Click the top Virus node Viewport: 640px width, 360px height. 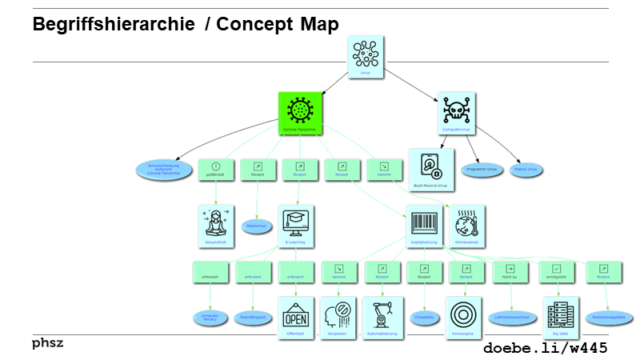point(366,57)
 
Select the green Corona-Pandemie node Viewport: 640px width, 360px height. point(300,113)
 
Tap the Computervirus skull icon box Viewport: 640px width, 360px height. point(458,113)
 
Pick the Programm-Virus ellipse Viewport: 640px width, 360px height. point(482,170)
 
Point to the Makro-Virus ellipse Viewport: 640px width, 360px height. point(526,170)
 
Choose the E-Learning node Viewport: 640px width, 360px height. point(300,226)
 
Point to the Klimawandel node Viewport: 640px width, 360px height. point(468,226)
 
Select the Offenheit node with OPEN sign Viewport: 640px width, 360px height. point(296,317)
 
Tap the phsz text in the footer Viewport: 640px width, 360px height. point(47,343)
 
